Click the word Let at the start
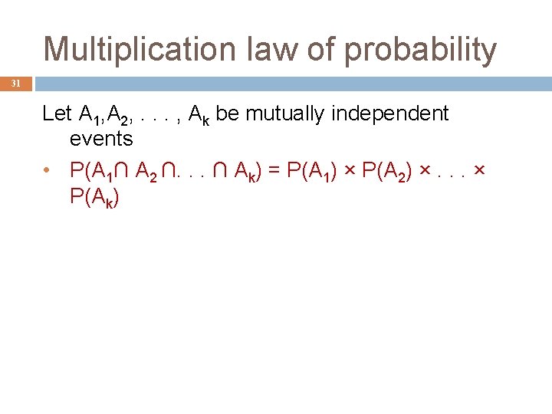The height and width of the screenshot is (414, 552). click(58, 114)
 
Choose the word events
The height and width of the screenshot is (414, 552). click(100, 139)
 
